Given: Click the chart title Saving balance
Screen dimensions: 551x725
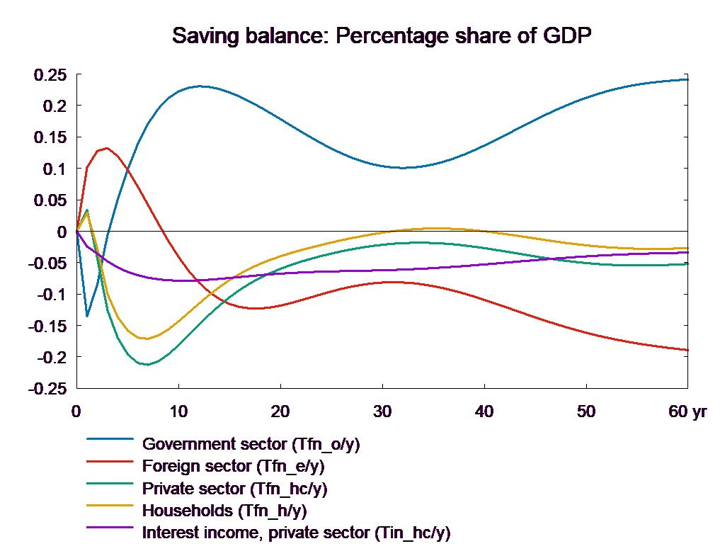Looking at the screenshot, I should (x=382, y=35).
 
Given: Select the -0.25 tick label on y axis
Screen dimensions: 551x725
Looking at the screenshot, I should (x=47, y=389).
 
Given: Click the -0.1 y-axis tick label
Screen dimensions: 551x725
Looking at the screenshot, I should (x=52, y=295).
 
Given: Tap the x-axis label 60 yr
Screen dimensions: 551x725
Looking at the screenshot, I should (x=687, y=411).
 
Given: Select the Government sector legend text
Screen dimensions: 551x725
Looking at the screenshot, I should (x=251, y=445).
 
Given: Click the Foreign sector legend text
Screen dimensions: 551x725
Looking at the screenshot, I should (x=234, y=467).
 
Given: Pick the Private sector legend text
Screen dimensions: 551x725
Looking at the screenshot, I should (x=235, y=489).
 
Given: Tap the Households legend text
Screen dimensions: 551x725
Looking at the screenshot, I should (x=224, y=511).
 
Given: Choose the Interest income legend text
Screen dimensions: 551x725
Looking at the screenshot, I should (x=296, y=533).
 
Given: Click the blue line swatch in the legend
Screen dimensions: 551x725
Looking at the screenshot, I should (x=110, y=439).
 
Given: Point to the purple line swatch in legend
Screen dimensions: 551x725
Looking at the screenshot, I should (x=110, y=527).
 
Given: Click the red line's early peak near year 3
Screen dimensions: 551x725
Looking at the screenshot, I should (x=106, y=148).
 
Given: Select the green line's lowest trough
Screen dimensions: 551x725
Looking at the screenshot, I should (x=147, y=365).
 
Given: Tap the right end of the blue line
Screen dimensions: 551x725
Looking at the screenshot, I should (x=688, y=79).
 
